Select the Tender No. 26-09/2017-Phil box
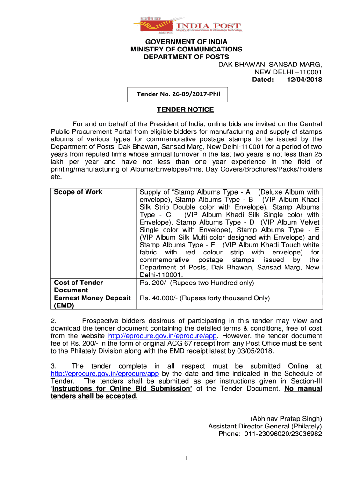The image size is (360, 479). coord(178,95)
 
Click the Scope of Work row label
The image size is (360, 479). coord(78,192)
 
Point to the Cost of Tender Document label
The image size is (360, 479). coord(79,286)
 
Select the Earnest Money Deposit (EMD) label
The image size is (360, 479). coord(91,301)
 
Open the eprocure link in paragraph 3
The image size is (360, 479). coord(105,374)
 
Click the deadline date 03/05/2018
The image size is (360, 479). coord(255,351)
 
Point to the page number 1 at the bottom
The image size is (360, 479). coord(186,458)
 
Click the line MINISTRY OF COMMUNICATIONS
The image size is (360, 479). coord(186,49)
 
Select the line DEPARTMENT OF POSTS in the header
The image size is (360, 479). coord(186,57)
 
